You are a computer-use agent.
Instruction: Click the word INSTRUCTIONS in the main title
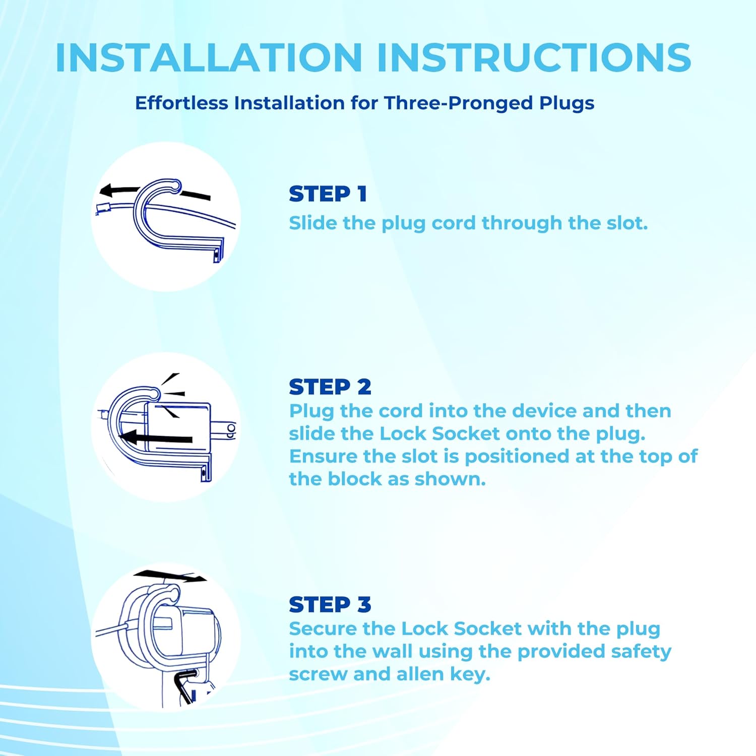(x=534, y=57)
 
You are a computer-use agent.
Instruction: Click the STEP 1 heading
(x=328, y=194)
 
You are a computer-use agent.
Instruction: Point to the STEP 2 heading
(x=330, y=387)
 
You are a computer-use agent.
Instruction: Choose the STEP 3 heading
(x=330, y=605)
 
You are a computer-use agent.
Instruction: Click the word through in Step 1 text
(x=522, y=223)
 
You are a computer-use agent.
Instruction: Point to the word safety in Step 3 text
(x=641, y=652)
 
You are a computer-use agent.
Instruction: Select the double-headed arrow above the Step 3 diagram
(x=170, y=576)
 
